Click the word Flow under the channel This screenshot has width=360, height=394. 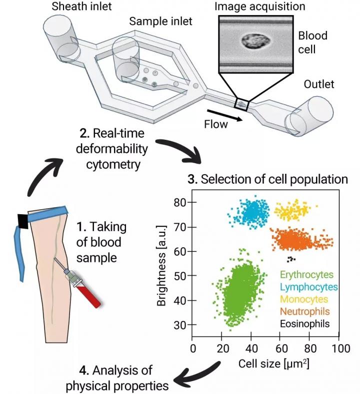coord(215,124)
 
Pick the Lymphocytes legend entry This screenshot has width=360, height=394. coord(309,287)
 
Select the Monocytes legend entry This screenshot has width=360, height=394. coord(304,299)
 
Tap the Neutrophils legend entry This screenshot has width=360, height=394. coord(305,312)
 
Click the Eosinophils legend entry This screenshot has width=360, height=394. coord(305,324)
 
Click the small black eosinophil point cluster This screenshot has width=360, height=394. coord(290,259)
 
